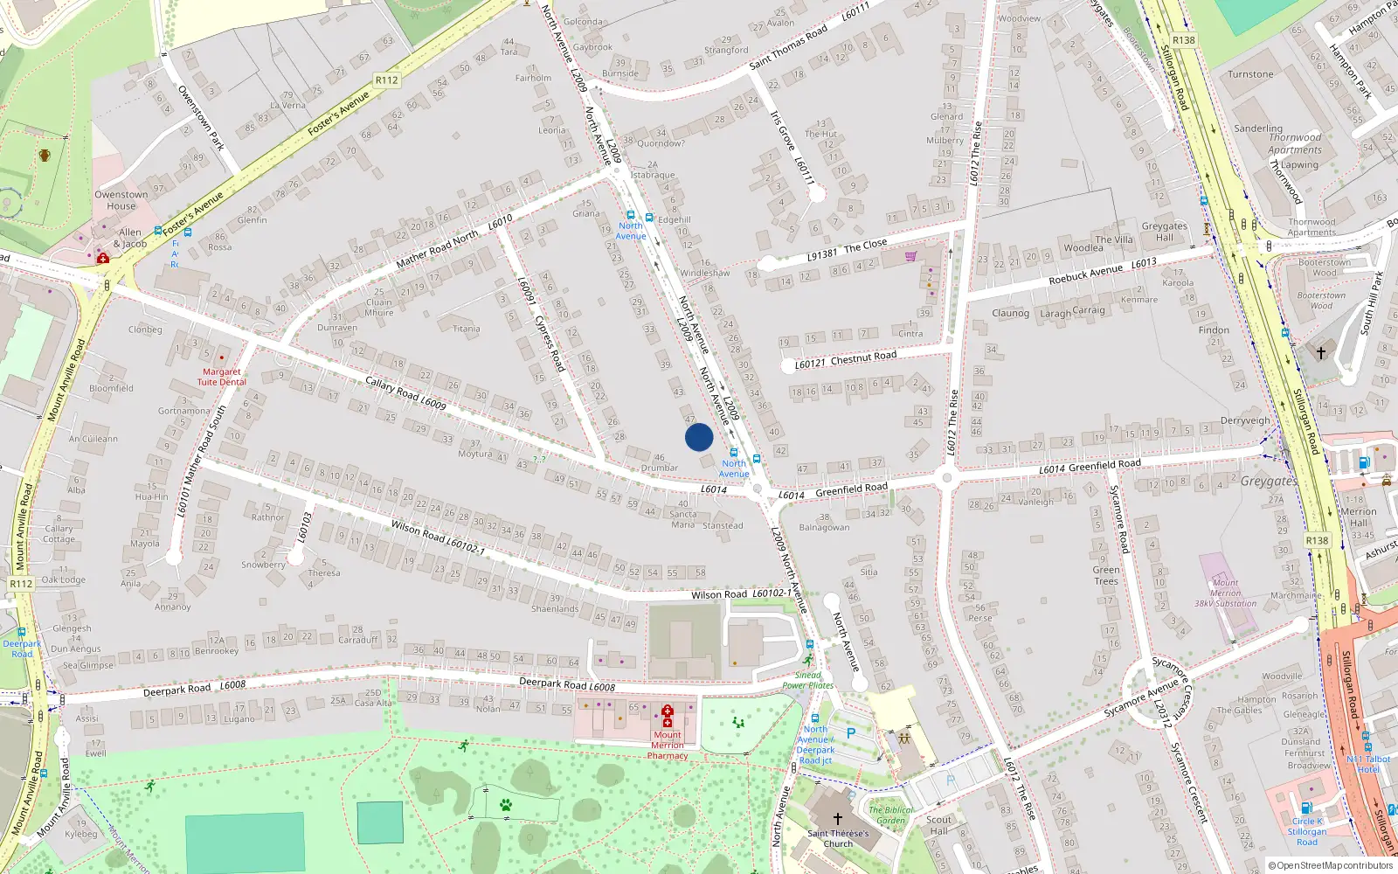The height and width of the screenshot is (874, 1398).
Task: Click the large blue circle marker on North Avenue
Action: [x=699, y=437]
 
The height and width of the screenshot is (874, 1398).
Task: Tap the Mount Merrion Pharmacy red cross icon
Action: [x=668, y=716]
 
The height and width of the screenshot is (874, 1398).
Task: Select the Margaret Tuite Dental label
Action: [x=221, y=377]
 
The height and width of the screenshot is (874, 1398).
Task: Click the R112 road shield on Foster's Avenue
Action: [x=386, y=80]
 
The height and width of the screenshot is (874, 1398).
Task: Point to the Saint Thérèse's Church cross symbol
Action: [x=837, y=819]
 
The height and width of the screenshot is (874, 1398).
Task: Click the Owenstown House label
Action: [x=121, y=200]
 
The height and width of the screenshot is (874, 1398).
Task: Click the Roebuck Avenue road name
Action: [x=1086, y=274]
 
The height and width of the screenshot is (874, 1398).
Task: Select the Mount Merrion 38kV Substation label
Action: [x=1225, y=593]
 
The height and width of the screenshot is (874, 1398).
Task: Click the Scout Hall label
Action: [x=938, y=825]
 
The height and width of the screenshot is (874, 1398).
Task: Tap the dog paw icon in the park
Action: [x=505, y=805]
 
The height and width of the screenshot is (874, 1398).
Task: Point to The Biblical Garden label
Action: [x=891, y=815]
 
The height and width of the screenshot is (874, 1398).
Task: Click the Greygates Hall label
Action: [x=1165, y=232]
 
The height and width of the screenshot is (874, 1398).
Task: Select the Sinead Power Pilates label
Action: [x=807, y=680]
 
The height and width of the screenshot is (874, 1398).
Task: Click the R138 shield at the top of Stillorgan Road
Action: [x=1184, y=40]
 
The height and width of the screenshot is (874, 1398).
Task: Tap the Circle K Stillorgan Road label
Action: [x=1307, y=831]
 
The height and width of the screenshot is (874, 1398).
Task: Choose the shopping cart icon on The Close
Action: [x=911, y=256]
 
